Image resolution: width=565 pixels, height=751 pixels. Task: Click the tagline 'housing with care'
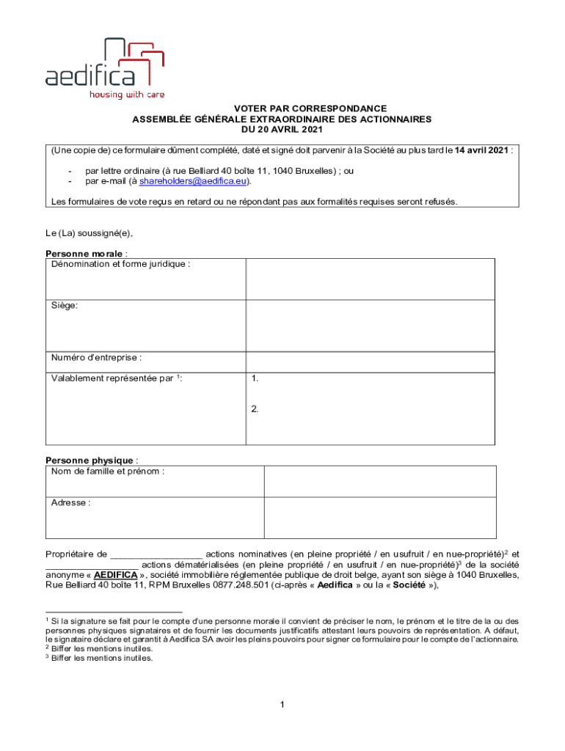pyautogui.click(x=127, y=95)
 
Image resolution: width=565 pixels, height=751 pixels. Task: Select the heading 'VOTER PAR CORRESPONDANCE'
pyautogui.click(x=282, y=109)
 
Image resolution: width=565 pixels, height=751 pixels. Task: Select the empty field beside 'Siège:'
pyautogui.click(x=371, y=323)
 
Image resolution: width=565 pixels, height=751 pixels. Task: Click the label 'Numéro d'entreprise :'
pyautogui.click(x=96, y=358)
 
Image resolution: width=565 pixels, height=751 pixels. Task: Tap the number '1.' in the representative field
pyautogui.click(x=255, y=379)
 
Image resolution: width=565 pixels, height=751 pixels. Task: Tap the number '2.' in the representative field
pyautogui.click(x=255, y=409)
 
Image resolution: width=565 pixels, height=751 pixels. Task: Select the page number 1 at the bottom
pyautogui.click(x=282, y=706)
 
